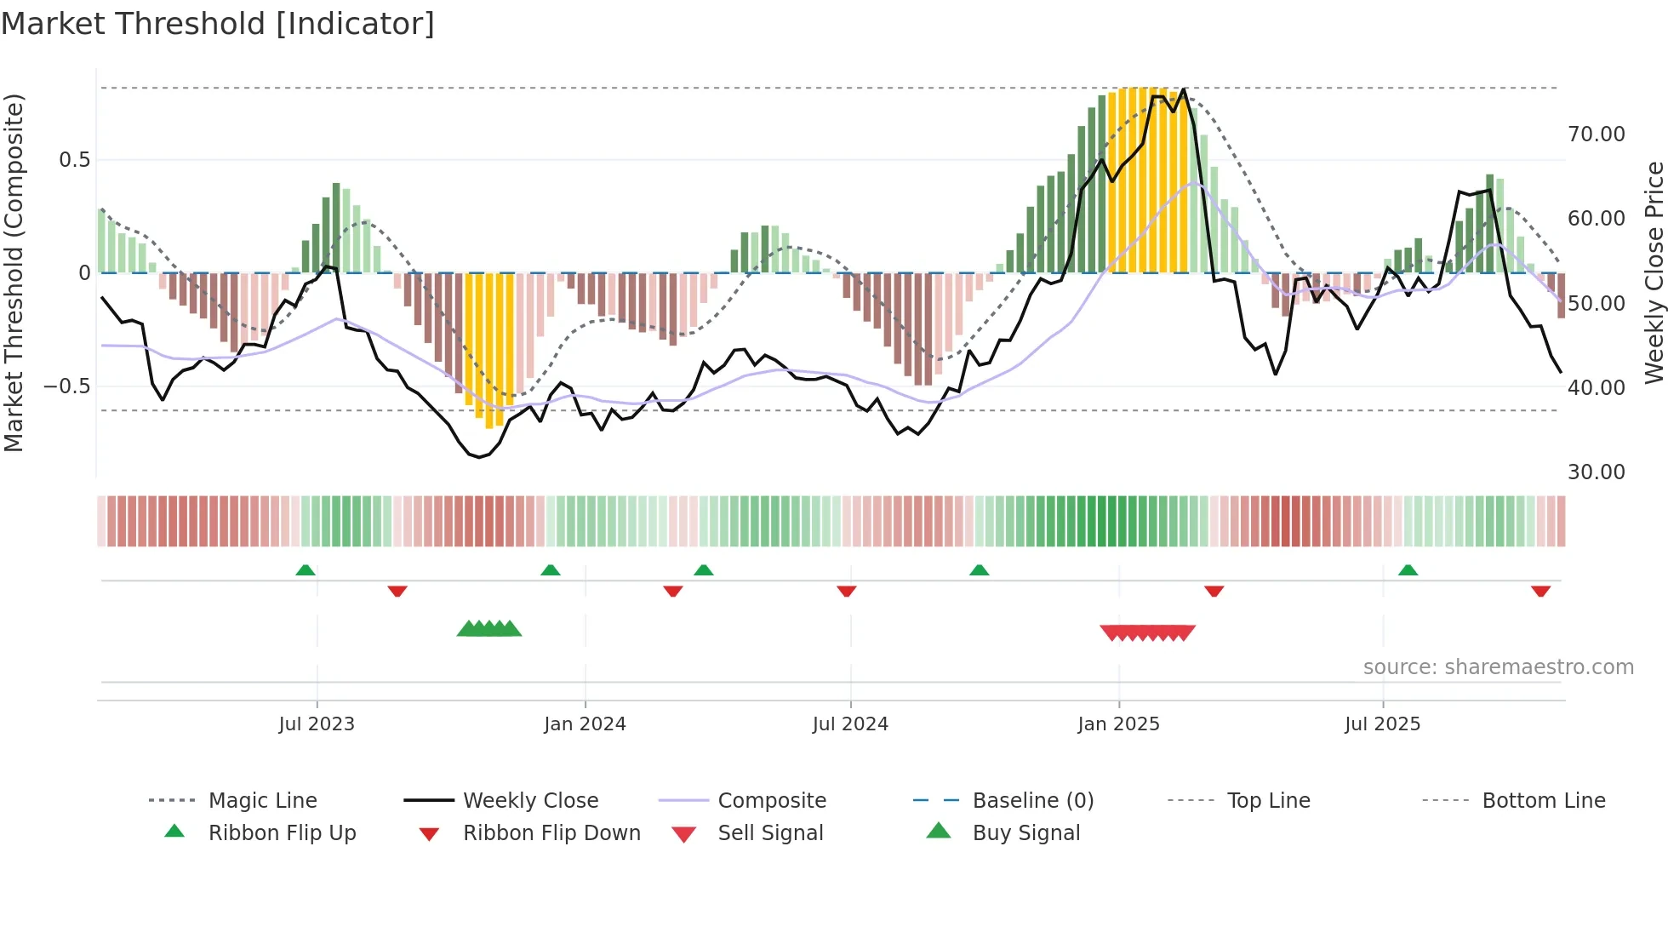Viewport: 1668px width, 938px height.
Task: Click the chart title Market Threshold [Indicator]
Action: pyautogui.click(x=218, y=24)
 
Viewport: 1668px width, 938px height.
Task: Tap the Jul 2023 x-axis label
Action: pyautogui.click(x=317, y=724)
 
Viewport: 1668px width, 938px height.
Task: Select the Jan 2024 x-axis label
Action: pyautogui.click(x=585, y=724)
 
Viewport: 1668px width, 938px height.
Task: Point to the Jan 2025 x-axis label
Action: pyautogui.click(x=1118, y=724)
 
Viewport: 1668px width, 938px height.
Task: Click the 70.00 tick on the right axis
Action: pyautogui.click(x=1596, y=134)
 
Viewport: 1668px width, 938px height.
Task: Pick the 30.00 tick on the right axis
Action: pyautogui.click(x=1596, y=472)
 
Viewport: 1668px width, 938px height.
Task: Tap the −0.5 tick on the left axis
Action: pyautogui.click(x=66, y=386)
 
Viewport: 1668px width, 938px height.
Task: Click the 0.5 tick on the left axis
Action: pyautogui.click(x=74, y=160)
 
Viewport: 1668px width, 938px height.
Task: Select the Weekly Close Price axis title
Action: pyautogui.click(x=1654, y=272)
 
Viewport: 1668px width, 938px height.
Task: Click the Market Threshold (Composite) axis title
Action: pyautogui.click(x=14, y=272)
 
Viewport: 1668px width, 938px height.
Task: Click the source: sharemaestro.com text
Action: pyautogui.click(x=1498, y=667)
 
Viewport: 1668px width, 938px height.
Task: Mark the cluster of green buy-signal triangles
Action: pyautogui.click(x=489, y=629)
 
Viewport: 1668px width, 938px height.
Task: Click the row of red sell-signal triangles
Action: pyautogui.click(x=1147, y=632)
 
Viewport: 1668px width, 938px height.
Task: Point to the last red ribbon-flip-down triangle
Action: pyautogui.click(x=1540, y=591)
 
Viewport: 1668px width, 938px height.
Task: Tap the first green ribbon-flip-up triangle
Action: pyautogui.click(x=306, y=570)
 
